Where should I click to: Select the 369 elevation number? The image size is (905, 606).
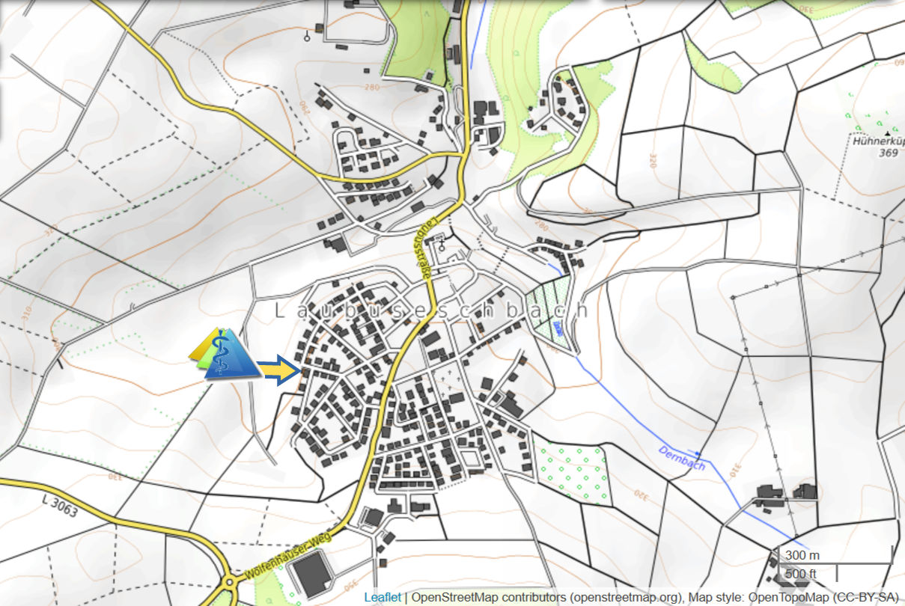(x=888, y=153)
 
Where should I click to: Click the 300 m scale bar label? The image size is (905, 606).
(x=799, y=556)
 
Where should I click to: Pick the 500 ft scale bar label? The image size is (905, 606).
(x=799, y=574)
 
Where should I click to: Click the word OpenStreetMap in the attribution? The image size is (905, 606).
(x=451, y=597)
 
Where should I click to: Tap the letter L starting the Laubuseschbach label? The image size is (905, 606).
(x=279, y=310)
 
